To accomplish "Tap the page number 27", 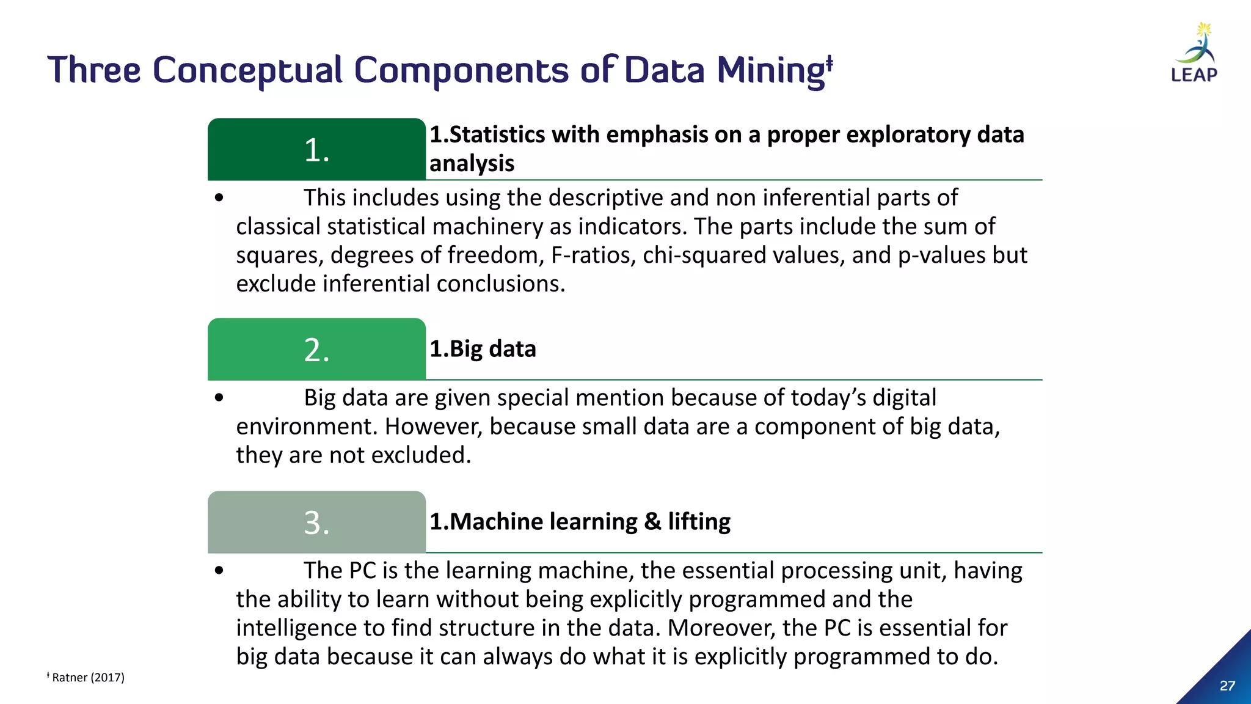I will coord(1227,686).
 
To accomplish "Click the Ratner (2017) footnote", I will coord(88,677).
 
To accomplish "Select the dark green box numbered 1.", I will coord(316,149).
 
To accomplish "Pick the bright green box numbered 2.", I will coord(316,350).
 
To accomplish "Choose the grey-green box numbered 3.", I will coord(316,522).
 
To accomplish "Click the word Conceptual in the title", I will coord(247,70).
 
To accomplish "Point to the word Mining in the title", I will coord(771,71).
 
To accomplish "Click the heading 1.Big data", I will coord(483,349).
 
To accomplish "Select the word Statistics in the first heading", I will coord(497,134).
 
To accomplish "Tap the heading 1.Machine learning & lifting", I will coord(580,522).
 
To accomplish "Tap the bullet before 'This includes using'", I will coord(219,198).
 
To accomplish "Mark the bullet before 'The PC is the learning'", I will coord(219,571).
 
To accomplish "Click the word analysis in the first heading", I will coord(472,164).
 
